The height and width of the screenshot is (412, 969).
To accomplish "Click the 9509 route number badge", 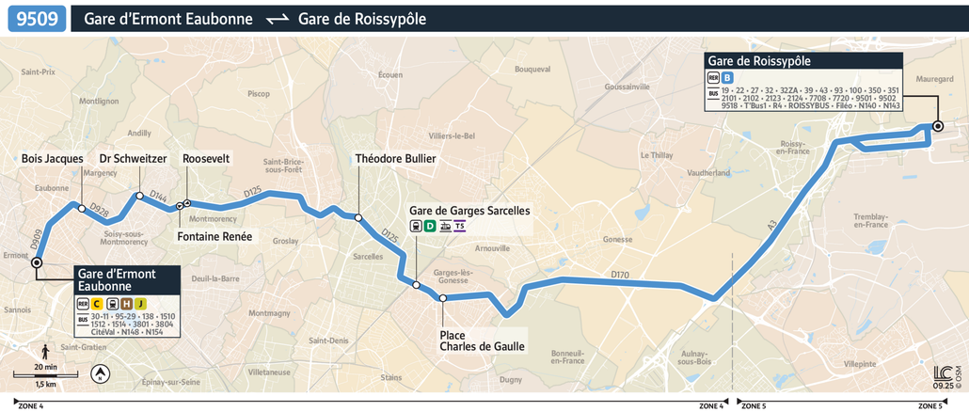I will [37, 19].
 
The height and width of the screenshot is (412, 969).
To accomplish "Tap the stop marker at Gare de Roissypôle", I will [937, 126].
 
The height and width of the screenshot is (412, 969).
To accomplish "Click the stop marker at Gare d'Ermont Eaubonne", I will [37, 262].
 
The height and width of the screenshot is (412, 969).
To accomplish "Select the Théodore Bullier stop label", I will [395, 159].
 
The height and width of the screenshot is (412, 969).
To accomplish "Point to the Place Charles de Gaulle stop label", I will [482, 341].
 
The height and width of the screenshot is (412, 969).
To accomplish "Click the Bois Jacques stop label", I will [53, 159].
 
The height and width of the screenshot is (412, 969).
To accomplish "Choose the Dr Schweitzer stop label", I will [133, 159].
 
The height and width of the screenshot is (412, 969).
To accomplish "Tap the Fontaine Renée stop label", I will [214, 236].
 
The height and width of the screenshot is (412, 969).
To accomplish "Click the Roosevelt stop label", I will [206, 159].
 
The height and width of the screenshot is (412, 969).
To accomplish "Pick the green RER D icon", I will [430, 226].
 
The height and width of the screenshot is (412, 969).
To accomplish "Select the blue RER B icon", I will [727, 78].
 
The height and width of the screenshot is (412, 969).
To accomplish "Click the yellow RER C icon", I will [97, 303].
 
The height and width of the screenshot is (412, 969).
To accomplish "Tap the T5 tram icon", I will [459, 226].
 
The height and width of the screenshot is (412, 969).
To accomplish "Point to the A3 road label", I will [771, 225].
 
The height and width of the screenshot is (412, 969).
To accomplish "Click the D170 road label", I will [619, 275].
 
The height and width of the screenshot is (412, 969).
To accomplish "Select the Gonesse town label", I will [617, 239].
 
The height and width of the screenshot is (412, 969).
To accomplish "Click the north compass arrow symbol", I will [98, 374].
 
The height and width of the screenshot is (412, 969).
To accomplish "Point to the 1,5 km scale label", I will [45, 385].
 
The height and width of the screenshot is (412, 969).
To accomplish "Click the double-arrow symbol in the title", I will [276, 19].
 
